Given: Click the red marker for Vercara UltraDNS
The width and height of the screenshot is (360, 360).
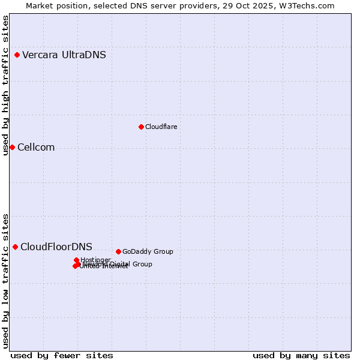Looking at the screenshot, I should coord(17,55).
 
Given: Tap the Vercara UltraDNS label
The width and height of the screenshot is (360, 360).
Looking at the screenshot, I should coord(64,55).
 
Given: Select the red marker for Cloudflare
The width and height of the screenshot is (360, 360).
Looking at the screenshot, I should coord(141,127).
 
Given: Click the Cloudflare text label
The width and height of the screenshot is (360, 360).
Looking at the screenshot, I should coord(161,127).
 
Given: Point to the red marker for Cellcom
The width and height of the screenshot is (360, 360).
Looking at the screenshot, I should coord(12,148).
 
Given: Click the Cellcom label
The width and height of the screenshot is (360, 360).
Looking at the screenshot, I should coord(36,148).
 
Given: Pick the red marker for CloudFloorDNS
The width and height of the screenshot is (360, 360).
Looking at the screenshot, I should coord(15,247).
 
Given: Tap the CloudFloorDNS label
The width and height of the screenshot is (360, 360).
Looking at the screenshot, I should coord(56,247).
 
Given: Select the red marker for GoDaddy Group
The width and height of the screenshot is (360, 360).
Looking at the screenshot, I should coord(118,252).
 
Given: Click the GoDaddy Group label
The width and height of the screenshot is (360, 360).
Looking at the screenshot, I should coord(148,252).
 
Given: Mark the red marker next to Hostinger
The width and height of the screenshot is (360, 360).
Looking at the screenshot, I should coord(76,260).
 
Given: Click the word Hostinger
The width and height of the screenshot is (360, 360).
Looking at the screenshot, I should coord(95,260).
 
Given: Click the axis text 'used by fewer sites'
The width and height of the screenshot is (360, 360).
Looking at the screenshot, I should coord(62,355).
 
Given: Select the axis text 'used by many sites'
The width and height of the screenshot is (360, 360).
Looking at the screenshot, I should coord(301,355).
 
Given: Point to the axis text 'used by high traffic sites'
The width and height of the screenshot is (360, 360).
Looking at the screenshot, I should coord(6,85).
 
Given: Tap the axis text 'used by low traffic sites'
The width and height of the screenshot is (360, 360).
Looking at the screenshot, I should coord(6,281).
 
